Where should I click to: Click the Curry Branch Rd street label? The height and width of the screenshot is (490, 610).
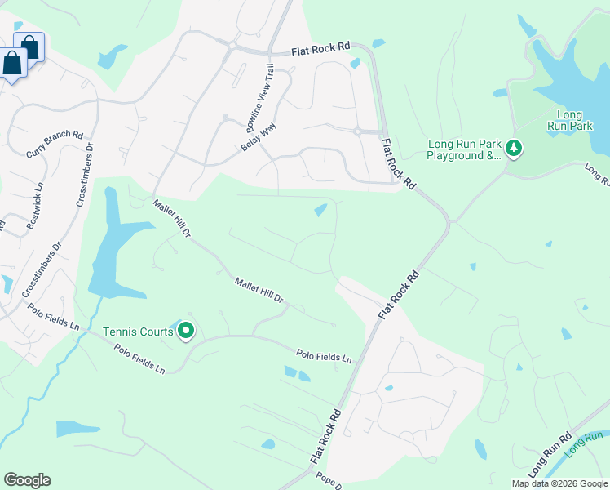[55, 145]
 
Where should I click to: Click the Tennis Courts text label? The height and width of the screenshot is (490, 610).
[138, 332]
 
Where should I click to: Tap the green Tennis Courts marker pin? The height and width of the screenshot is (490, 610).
[186, 331]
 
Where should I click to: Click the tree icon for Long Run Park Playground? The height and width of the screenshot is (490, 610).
[514, 149]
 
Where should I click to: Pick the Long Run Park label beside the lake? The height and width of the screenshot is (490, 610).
[574, 121]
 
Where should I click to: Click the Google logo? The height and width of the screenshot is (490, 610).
[27, 480]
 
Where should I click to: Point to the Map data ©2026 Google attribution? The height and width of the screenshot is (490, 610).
[559, 483]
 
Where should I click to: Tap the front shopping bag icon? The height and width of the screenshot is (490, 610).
[13, 63]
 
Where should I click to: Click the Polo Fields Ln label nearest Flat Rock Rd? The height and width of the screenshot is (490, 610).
[324, 357]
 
